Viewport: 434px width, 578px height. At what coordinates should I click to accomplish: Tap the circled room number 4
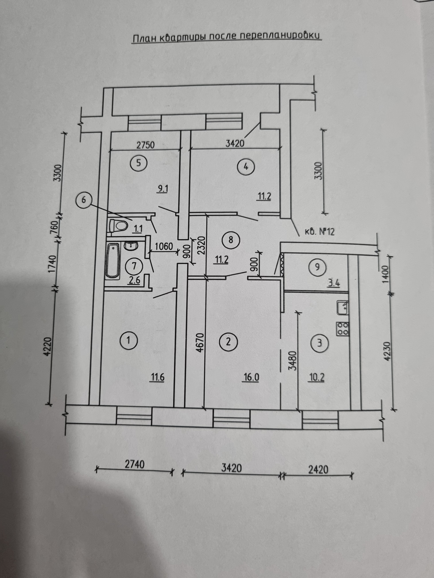246,166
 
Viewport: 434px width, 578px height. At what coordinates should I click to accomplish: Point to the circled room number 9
317,267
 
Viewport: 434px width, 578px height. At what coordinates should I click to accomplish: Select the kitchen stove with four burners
342,329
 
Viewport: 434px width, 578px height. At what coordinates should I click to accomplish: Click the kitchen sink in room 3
342,308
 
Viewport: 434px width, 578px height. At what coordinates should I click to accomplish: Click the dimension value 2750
146,145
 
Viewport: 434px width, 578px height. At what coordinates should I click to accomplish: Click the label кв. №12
319,232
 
